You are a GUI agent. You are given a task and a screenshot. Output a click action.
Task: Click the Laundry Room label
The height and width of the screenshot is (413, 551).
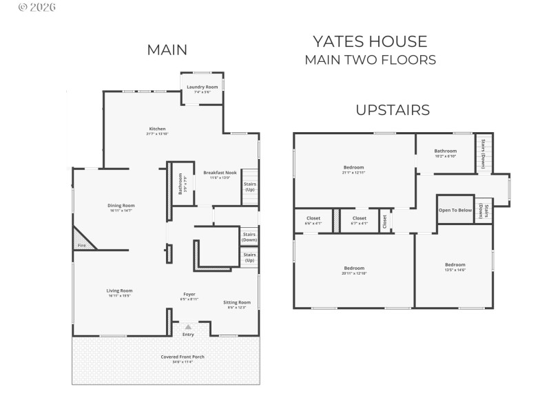click(202, 87)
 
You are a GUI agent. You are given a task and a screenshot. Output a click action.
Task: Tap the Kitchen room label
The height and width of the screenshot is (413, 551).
click(157, 129)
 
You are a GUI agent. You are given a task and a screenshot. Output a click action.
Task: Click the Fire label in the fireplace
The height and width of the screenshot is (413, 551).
click(81, 245)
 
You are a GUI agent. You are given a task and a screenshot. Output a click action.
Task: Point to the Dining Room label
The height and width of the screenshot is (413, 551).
click(121, 205)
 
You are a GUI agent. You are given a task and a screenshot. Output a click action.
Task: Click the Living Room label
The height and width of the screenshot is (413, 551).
click(119, 290)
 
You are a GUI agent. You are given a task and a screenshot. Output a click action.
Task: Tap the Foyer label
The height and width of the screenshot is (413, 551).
click(189, 294)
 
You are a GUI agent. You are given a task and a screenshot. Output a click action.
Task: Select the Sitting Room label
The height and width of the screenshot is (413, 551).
click(236, 302)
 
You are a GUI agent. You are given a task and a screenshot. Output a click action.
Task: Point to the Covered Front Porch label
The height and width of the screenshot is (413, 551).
click(183, 357)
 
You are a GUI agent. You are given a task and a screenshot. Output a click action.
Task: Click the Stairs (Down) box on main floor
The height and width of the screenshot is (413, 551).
click(249, 236)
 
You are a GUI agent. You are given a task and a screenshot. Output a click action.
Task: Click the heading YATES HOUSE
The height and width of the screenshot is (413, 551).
click(370, 41)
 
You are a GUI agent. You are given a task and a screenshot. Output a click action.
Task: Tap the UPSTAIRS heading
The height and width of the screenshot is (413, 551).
click(393, 109)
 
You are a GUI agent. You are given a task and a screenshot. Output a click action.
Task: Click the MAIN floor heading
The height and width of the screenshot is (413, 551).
click(167, 50)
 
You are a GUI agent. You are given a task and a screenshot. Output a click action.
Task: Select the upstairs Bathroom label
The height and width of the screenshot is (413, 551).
click(445, 151)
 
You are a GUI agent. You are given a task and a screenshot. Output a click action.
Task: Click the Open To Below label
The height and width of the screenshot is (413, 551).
click(455, 210)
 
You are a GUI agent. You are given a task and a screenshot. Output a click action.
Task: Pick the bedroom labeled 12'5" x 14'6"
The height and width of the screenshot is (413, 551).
click(455, 267)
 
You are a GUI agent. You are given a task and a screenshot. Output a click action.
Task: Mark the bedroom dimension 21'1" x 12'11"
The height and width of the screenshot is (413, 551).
click(353, 172)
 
